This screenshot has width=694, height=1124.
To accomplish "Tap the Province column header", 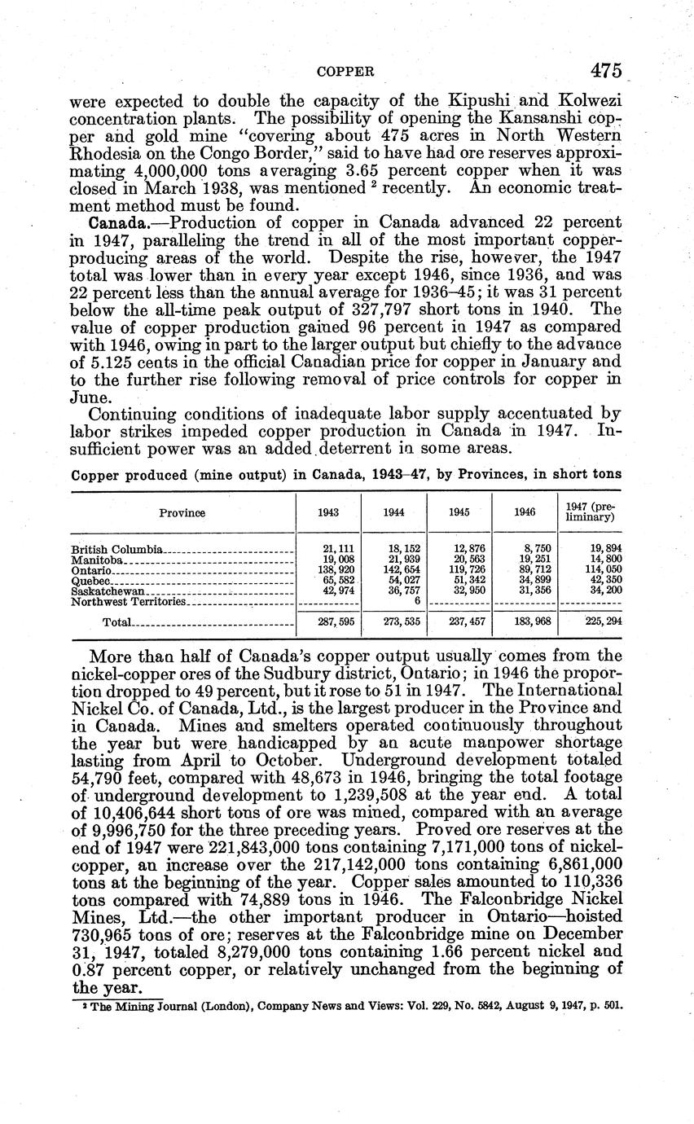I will pyautogui.click(x=182, y=513).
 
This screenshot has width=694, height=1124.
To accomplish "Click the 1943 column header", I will pyautogui.click(x=328, y=513).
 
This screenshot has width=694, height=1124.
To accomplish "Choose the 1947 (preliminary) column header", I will pyautogui.click(x=591, y=512).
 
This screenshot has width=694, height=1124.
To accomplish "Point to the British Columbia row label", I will pyautogui.click(x=117, y=550).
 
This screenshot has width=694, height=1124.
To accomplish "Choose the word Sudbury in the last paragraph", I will pyautogui.click(x=302, y=673).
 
